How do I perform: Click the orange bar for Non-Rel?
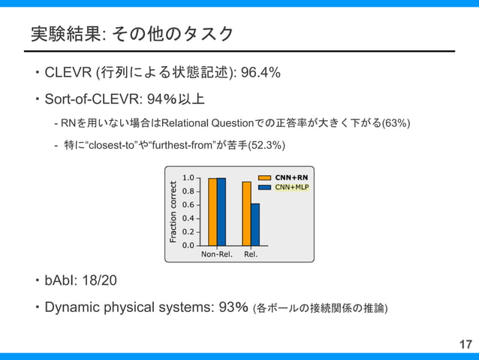[212, 212]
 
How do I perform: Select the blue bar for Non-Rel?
[221, 212]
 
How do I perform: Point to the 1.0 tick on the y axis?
[188, 178]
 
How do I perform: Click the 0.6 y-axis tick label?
[188, 205]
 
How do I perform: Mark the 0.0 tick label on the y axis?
[188, 245]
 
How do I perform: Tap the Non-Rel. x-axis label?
[217, 254]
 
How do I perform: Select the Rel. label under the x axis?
[251, 254]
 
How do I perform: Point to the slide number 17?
[465, 345]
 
